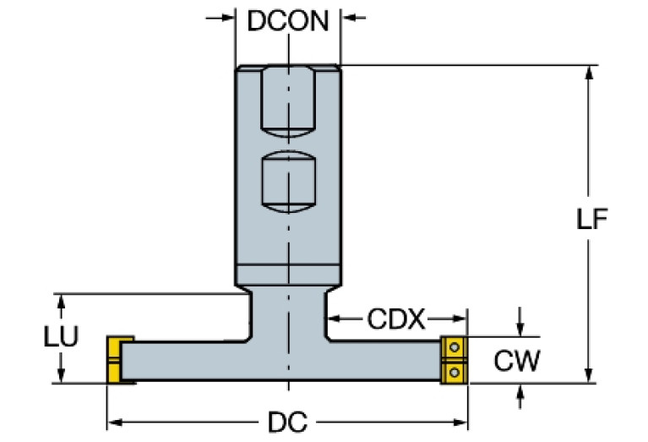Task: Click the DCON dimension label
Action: point(287,19)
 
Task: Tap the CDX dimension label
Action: point(396,319)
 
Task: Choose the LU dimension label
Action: point(60,337)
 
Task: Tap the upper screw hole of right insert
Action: point(455,347)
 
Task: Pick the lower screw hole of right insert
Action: point(455,371)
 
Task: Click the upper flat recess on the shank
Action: point(288,100)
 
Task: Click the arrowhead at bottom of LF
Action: point(590,376)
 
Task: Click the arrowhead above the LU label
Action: point(60,300)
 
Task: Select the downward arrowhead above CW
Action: point(520,329)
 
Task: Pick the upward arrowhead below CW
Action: point(520,390)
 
